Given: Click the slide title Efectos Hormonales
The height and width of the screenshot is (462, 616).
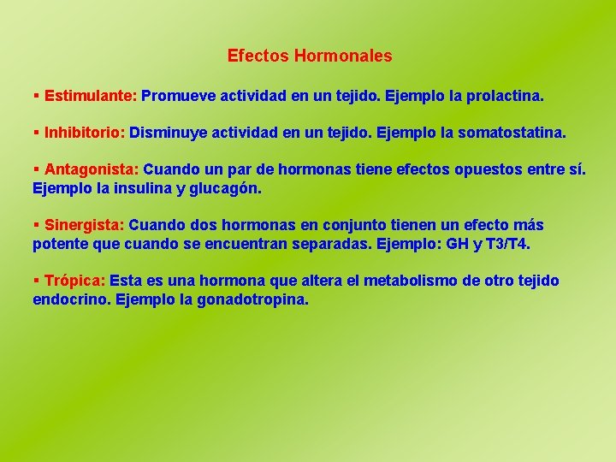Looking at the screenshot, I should pos(310,56).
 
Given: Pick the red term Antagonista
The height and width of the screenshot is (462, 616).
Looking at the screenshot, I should pos(92,169).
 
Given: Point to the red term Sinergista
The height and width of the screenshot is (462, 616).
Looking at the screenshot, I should pos(84,225).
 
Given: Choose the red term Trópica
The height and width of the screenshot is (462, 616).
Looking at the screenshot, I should pos(74,281).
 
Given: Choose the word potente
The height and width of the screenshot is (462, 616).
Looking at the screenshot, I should pos(60,244).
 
